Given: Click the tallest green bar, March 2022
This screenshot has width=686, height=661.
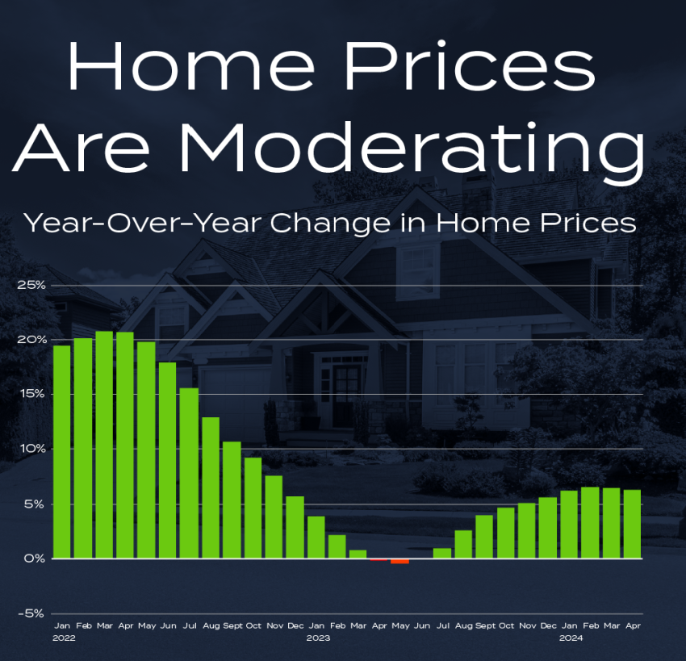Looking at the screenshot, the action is click(104, 445).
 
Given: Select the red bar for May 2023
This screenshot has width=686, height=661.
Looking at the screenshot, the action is click(399, 561).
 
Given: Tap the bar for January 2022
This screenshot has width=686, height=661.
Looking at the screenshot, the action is click(61, 452).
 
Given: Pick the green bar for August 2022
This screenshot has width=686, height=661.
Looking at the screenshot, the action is click(211, 487).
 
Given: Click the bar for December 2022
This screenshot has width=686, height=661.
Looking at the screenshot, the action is click(295, 527).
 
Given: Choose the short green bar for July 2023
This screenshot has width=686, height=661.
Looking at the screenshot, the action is click(442, 554).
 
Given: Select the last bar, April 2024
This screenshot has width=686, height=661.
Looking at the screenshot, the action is click(632, 524).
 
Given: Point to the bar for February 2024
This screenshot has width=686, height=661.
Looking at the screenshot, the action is click(590, 523).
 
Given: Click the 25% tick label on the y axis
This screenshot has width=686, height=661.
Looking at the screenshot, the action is click(31, 285).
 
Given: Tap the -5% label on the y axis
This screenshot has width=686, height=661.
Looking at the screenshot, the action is click(31, 613).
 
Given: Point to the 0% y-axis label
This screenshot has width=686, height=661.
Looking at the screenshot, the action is click(35, 559).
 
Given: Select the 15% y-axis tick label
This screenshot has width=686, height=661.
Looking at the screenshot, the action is click(31, 394).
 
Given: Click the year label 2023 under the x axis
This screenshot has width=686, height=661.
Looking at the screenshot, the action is click(318, 638).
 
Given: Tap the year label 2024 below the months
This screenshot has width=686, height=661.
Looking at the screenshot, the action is click(571, 638).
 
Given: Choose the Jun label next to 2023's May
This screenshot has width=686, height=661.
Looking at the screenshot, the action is click(422, 625).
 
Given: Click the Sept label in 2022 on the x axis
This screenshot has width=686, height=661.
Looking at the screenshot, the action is click(232, 626).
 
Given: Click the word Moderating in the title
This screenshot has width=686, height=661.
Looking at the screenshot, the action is click(412, 149).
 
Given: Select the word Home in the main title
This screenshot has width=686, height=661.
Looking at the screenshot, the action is click(191, 65).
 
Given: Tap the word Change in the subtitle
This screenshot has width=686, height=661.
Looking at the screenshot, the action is click(330, 224).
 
